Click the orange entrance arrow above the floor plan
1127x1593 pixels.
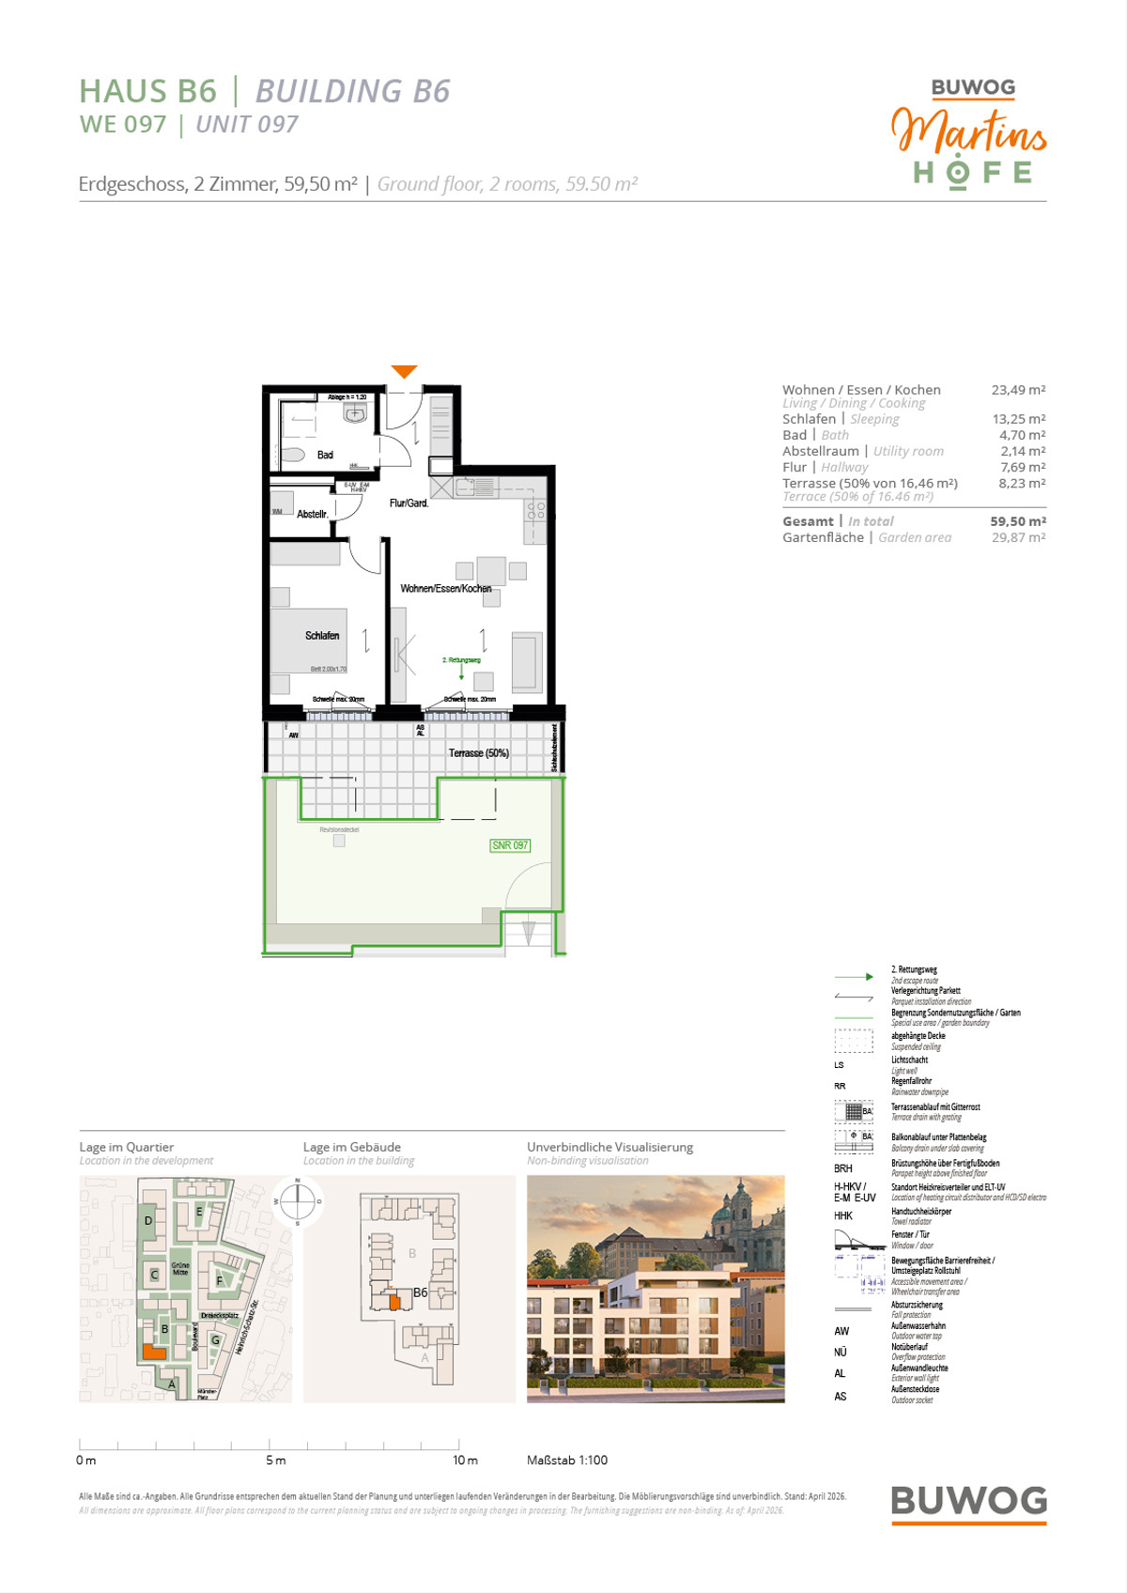(404, 372)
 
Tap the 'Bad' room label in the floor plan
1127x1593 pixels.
(325, 455)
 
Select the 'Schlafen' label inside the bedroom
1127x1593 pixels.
(322, 636)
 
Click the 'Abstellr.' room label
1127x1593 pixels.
(313, 514)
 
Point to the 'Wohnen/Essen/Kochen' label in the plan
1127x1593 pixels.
(446, 589)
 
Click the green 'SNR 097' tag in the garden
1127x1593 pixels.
(510, 845)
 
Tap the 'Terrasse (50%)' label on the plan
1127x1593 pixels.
(478, 753)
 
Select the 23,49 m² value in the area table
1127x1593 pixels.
(1018, 390)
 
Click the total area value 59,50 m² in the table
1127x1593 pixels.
(1017, 521)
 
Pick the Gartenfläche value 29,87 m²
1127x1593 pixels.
(1018, 537)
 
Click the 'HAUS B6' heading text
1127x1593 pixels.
(148, 91)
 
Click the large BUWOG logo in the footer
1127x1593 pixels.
(968, 1500)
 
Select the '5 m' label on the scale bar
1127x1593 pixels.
(275, 1461)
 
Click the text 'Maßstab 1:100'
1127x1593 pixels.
(567, 1461)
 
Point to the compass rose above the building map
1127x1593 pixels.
(298, 1200)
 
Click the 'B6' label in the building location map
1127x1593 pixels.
(420, 1292)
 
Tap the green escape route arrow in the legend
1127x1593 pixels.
(854, 977)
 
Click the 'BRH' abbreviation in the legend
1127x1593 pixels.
(843, 1168)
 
